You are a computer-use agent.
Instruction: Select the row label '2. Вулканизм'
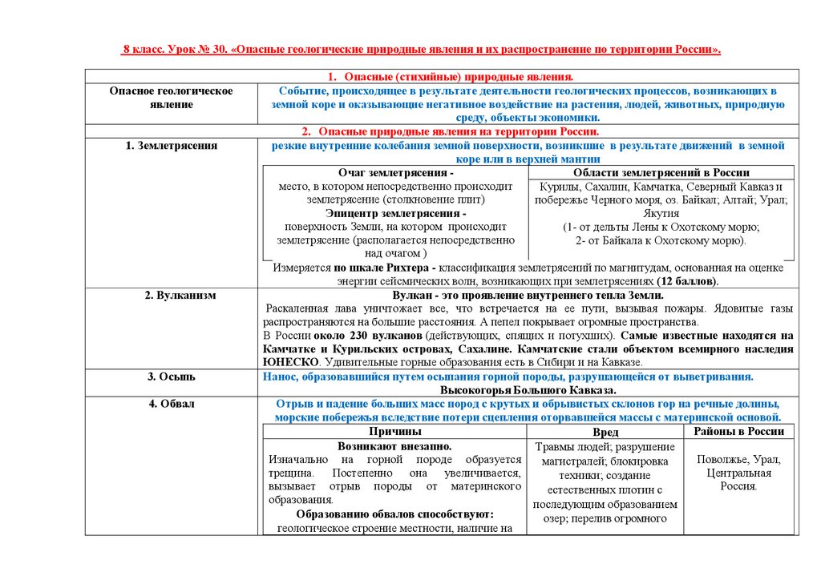click(x=171, y=296)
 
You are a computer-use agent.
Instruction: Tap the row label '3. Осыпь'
click(x=171, y=377)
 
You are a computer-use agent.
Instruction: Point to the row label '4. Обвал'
click(x=171, y=404)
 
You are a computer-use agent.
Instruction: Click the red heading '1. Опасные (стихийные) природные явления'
click(x=449, y=77)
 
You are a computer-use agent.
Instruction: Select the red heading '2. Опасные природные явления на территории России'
click(x=450, y=131)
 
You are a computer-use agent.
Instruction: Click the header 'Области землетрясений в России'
click(x=661, y=173)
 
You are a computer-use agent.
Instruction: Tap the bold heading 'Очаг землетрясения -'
click(x=395, y=173)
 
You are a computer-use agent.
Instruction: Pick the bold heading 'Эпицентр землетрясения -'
click(x=395, y=214)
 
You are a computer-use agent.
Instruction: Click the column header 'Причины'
click(x=395, y=431)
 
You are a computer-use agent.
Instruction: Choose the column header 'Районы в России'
click(x=738, y=431)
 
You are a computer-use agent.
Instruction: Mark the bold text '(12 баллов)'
click(x=686, y=282)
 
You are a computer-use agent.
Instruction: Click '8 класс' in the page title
click(x=143, y=50)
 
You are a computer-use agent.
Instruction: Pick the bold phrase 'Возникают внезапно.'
click(x=394, y=445)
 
